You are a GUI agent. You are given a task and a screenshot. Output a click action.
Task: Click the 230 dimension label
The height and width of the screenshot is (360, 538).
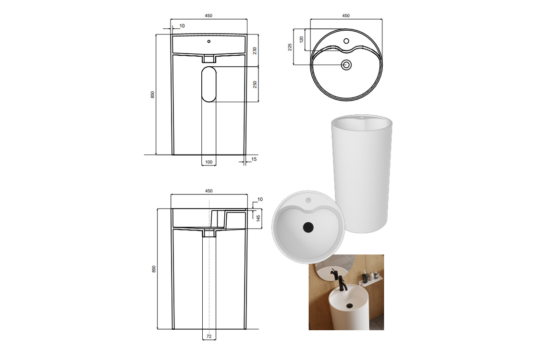255,50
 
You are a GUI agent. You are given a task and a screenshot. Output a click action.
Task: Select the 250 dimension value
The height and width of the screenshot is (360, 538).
255,84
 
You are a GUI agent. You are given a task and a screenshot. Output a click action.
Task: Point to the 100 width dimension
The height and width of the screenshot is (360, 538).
208,162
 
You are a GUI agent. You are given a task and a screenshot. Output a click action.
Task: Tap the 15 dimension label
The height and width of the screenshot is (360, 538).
254,159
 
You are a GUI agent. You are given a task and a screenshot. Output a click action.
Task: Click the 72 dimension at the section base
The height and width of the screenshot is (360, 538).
209,336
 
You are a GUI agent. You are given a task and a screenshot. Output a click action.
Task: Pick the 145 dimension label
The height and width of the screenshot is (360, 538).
258,218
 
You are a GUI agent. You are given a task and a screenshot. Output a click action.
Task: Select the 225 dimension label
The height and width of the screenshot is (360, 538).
290,47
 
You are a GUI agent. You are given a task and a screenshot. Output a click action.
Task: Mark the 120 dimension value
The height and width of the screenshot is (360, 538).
302,39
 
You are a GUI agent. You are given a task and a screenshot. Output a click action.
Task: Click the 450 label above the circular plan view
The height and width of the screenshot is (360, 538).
346,15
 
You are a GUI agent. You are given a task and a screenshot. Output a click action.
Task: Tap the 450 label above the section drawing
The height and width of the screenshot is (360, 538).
208,191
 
